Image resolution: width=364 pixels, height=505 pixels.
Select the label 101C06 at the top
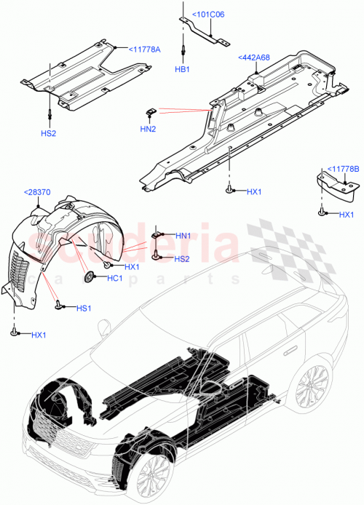coord(208,14)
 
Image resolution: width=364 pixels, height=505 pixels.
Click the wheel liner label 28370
coord(36,192)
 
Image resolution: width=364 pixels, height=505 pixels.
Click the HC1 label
coord(114,279)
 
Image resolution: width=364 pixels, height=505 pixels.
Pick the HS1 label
coord(84,309)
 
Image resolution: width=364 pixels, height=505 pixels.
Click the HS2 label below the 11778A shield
coord(49,134)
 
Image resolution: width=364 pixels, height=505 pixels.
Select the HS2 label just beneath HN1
coord(182,259)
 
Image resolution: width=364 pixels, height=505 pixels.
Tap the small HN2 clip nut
coord(151,111)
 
